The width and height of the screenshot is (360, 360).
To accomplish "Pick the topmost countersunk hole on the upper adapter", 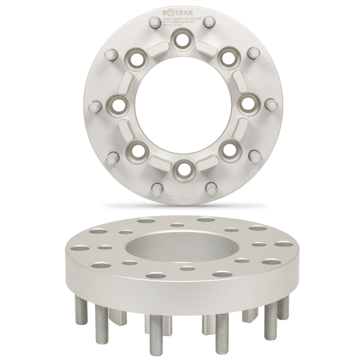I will (181, 39).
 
